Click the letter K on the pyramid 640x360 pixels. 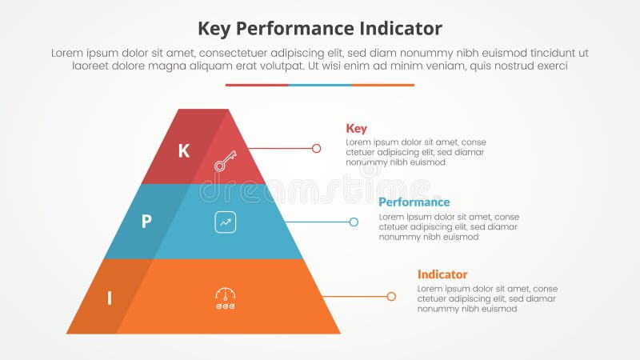[x=184, y=150]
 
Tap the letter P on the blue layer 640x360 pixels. [x=146, y=222]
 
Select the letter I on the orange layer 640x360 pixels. [x=110, y=299]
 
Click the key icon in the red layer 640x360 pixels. [x=226, y=160]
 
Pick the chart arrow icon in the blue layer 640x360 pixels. [x=226, y=222]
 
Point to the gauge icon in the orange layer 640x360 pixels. [x=226, y=298]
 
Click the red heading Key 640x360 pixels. [x=356, y=128]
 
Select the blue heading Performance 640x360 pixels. [x=414, y=202]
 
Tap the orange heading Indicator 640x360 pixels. [x=442, y=274]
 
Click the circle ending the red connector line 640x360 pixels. [x=316, y=148]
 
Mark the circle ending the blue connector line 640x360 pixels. [x=354, y=222]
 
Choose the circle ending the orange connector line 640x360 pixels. [x=391, y=296]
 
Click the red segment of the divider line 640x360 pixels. [x=257, y=85]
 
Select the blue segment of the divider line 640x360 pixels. [x=320, y=85]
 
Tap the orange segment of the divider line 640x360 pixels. [x=383, y=85]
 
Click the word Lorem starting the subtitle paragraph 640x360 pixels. [x=67, y=53]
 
